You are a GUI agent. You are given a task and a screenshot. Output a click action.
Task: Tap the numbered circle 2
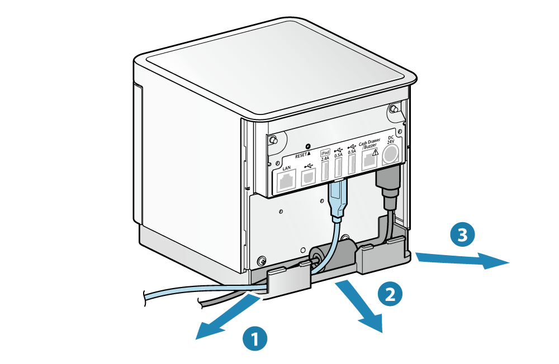pyautogui.click(x=390, y=294)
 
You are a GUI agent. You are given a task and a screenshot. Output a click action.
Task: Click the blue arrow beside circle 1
pyautogui.click(x=226, y=318)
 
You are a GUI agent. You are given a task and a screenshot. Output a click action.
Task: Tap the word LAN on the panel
pyautogui.click(x=287, y=168)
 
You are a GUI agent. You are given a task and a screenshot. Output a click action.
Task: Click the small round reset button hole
pyautogui.click(x=308, y=146)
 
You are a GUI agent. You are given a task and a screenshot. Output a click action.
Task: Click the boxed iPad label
pyautogui.click(x=325, y=152)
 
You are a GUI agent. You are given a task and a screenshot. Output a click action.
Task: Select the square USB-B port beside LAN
pyautogui.click(x=308, y=178)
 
